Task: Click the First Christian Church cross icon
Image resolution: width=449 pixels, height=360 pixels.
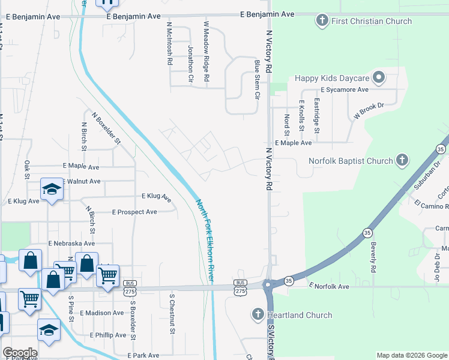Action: pyautogui.click(x=321, y=21)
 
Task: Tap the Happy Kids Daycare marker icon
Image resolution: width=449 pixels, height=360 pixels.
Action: pyautogui.click(x=378, y=78)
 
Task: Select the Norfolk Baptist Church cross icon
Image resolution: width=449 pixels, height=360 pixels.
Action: pyautogui.click(x=402, y=161)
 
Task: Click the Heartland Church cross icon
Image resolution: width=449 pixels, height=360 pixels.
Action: pyautogui.click(x=258, y=314)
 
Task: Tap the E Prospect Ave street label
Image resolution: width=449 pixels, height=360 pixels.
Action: pyautogui.click(x=134, y=212)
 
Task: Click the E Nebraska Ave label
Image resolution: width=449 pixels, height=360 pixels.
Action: pyautogui.click(x=71, y=244)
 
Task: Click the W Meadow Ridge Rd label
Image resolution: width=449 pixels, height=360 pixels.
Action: pyautogui.click(x=206, y=52)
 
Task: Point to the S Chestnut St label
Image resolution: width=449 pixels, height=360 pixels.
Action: pyautogui.click(x=172, y=313)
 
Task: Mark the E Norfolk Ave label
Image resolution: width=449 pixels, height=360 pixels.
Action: pyautogui.click(x=328, y=287)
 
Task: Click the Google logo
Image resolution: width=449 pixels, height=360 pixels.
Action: pyautogui.click(x=20, y=353)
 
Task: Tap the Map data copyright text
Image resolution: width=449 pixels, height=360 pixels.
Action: pyautogui.click(x=411, y=355)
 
